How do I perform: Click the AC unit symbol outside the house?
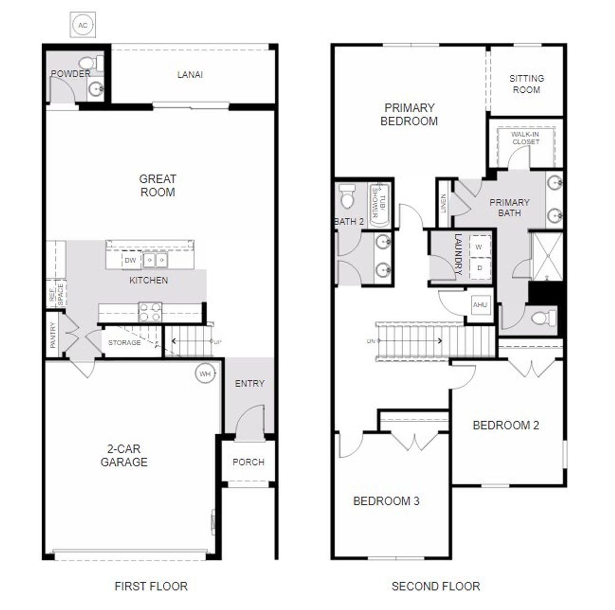[x=83, y=25]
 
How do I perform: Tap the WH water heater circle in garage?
[x=205, y=374]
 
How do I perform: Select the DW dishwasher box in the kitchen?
[x=130, y=260]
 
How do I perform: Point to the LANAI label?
[x=190, y=74]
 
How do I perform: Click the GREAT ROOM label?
[x=158, y=185]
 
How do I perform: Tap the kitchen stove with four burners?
[x=149, y=312]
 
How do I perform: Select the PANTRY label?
[x=53, y=335]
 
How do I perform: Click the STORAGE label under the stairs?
[x=124, y=342]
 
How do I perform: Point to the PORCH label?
[x=248, y=462]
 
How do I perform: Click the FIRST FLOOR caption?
[x=151, y=586]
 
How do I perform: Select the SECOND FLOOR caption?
[x=435, y=586]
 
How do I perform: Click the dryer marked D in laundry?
[x=479, y=268]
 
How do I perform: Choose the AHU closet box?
[x=480, y=305]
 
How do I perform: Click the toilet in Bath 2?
[x=346, y=196]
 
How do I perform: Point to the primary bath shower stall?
[x=546, y=256]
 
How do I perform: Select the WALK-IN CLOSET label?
[x=526, y=138]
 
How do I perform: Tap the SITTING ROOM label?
[x=527, y=84]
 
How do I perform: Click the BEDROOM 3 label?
[x=386, y=501]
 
